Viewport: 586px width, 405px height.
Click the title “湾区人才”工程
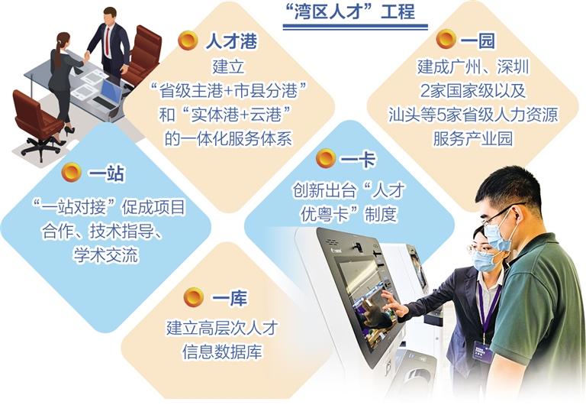coord(354,11)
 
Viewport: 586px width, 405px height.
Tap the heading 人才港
coord(231,40)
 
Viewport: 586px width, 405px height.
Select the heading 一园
coord(477,40)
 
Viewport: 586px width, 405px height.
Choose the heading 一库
coord(230,298)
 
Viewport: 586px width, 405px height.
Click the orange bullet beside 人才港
coord(188,40)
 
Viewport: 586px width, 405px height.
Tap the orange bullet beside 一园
coord(446,39)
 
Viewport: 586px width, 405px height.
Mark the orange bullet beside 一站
coord(72,173)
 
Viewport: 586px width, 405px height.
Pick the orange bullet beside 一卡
coord(326,158)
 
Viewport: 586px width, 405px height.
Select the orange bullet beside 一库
coord(194,297)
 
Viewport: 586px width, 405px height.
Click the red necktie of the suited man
coord(108,40)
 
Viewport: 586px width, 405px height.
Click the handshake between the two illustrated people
coord(87,57)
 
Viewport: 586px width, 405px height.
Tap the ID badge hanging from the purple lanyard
coord(482,350)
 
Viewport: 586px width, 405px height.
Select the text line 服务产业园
coord(472,138)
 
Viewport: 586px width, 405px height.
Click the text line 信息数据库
coord(222,352)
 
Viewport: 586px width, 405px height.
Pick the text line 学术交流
coord(106,255)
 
